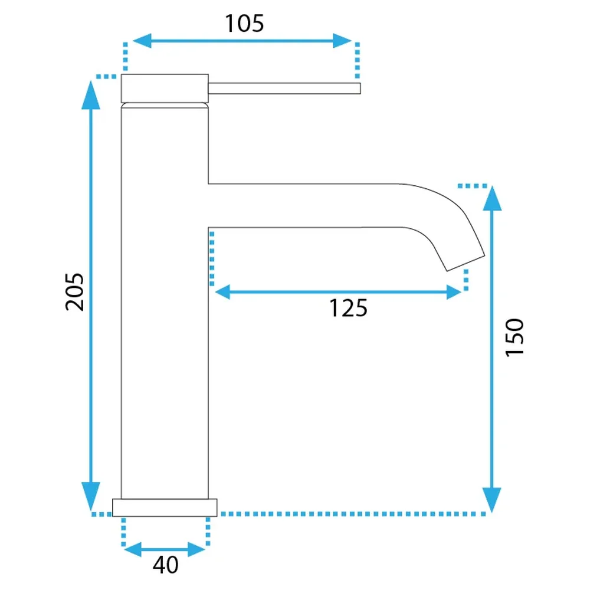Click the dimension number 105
point(244,24)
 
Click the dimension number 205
point(74,292)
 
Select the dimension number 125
point(348,309)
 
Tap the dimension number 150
point(514,337)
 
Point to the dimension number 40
point(166,565)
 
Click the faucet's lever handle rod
point(284,88)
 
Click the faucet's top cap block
point(165,88)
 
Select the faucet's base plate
point(165,507)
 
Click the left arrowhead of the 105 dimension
point(142,41)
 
